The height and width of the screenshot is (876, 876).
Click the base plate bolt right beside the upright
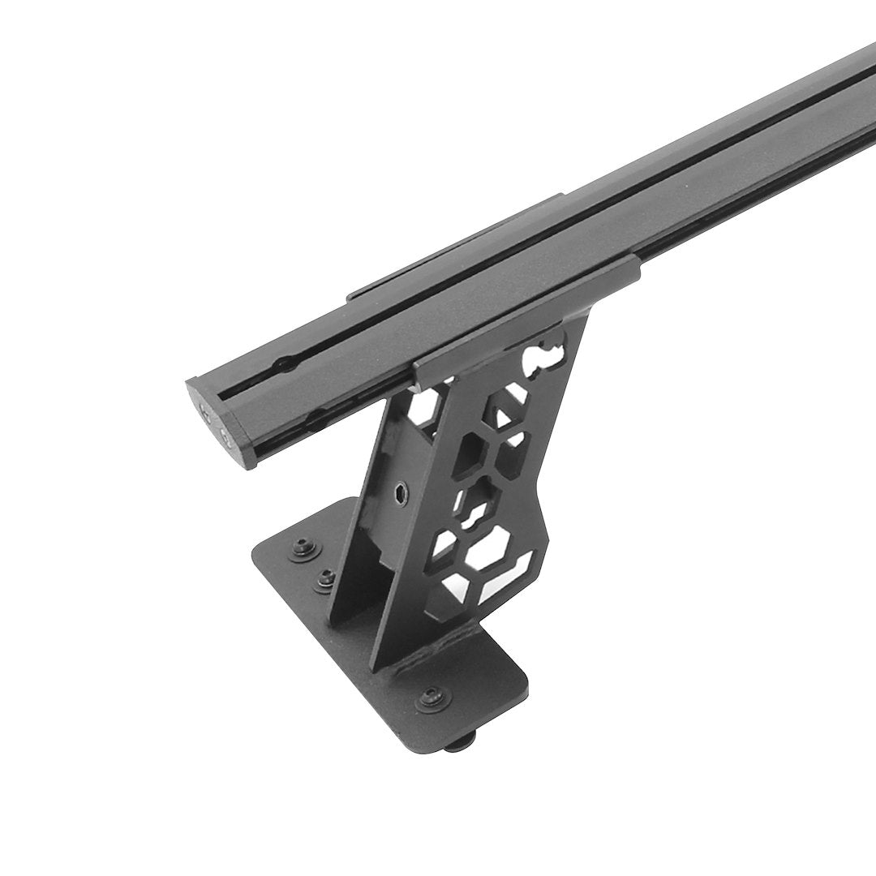click(325, 578)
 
